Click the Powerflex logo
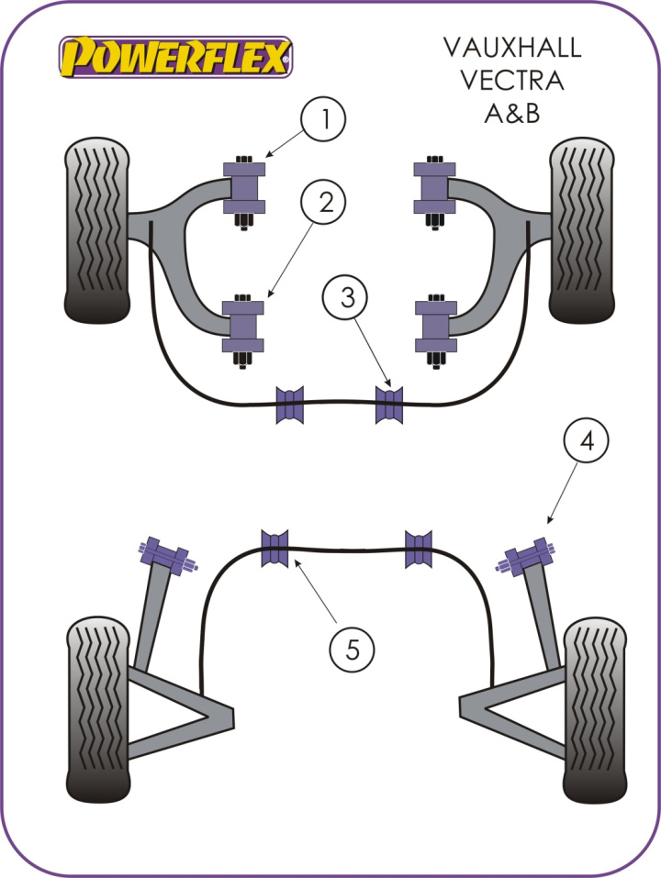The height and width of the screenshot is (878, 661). (x=175, y=56)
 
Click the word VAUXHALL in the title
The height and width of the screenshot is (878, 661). (x=512, y=47)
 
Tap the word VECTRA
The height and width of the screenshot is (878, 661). (x=512, y=81)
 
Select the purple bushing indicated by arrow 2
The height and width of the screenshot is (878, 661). (x=243, y=327)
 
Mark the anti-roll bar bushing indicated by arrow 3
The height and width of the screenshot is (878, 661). (x=389, y=405)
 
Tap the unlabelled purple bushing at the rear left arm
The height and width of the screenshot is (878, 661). (x=164, y=556)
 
